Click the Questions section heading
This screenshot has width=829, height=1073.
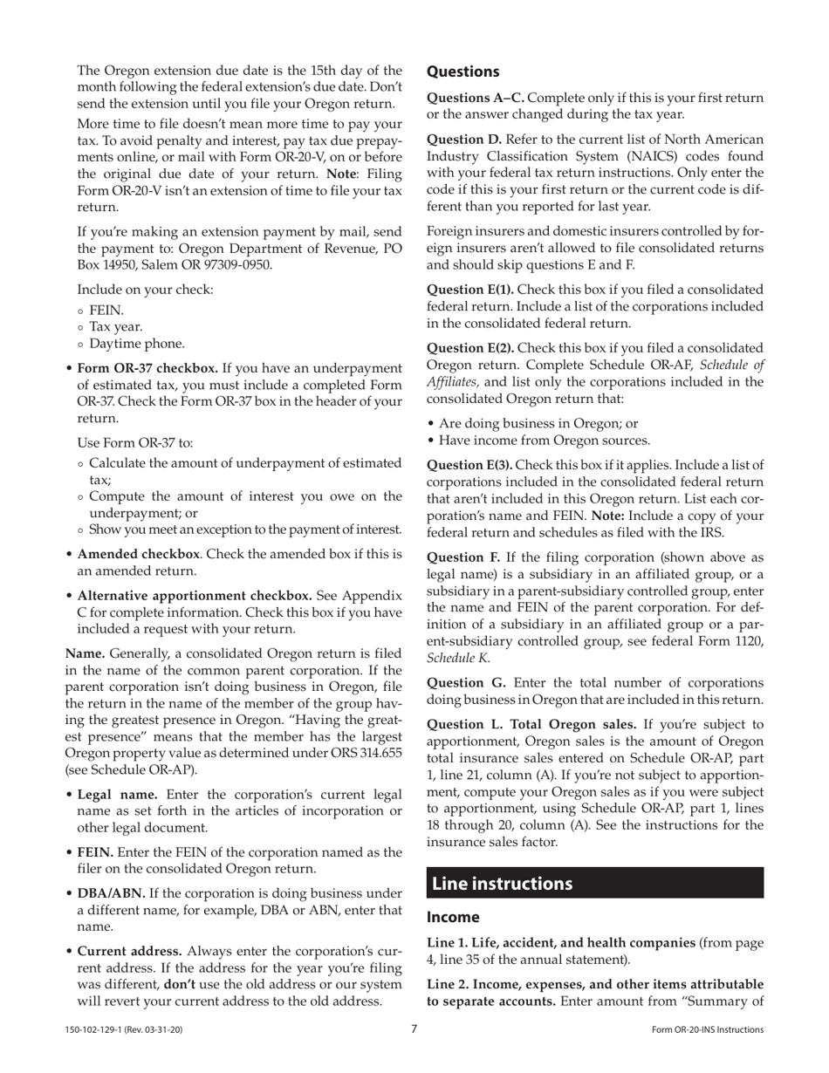tap(462, 72)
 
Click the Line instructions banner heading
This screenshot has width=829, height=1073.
tap(503, 883)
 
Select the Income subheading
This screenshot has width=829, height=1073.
tap(453, 917)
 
